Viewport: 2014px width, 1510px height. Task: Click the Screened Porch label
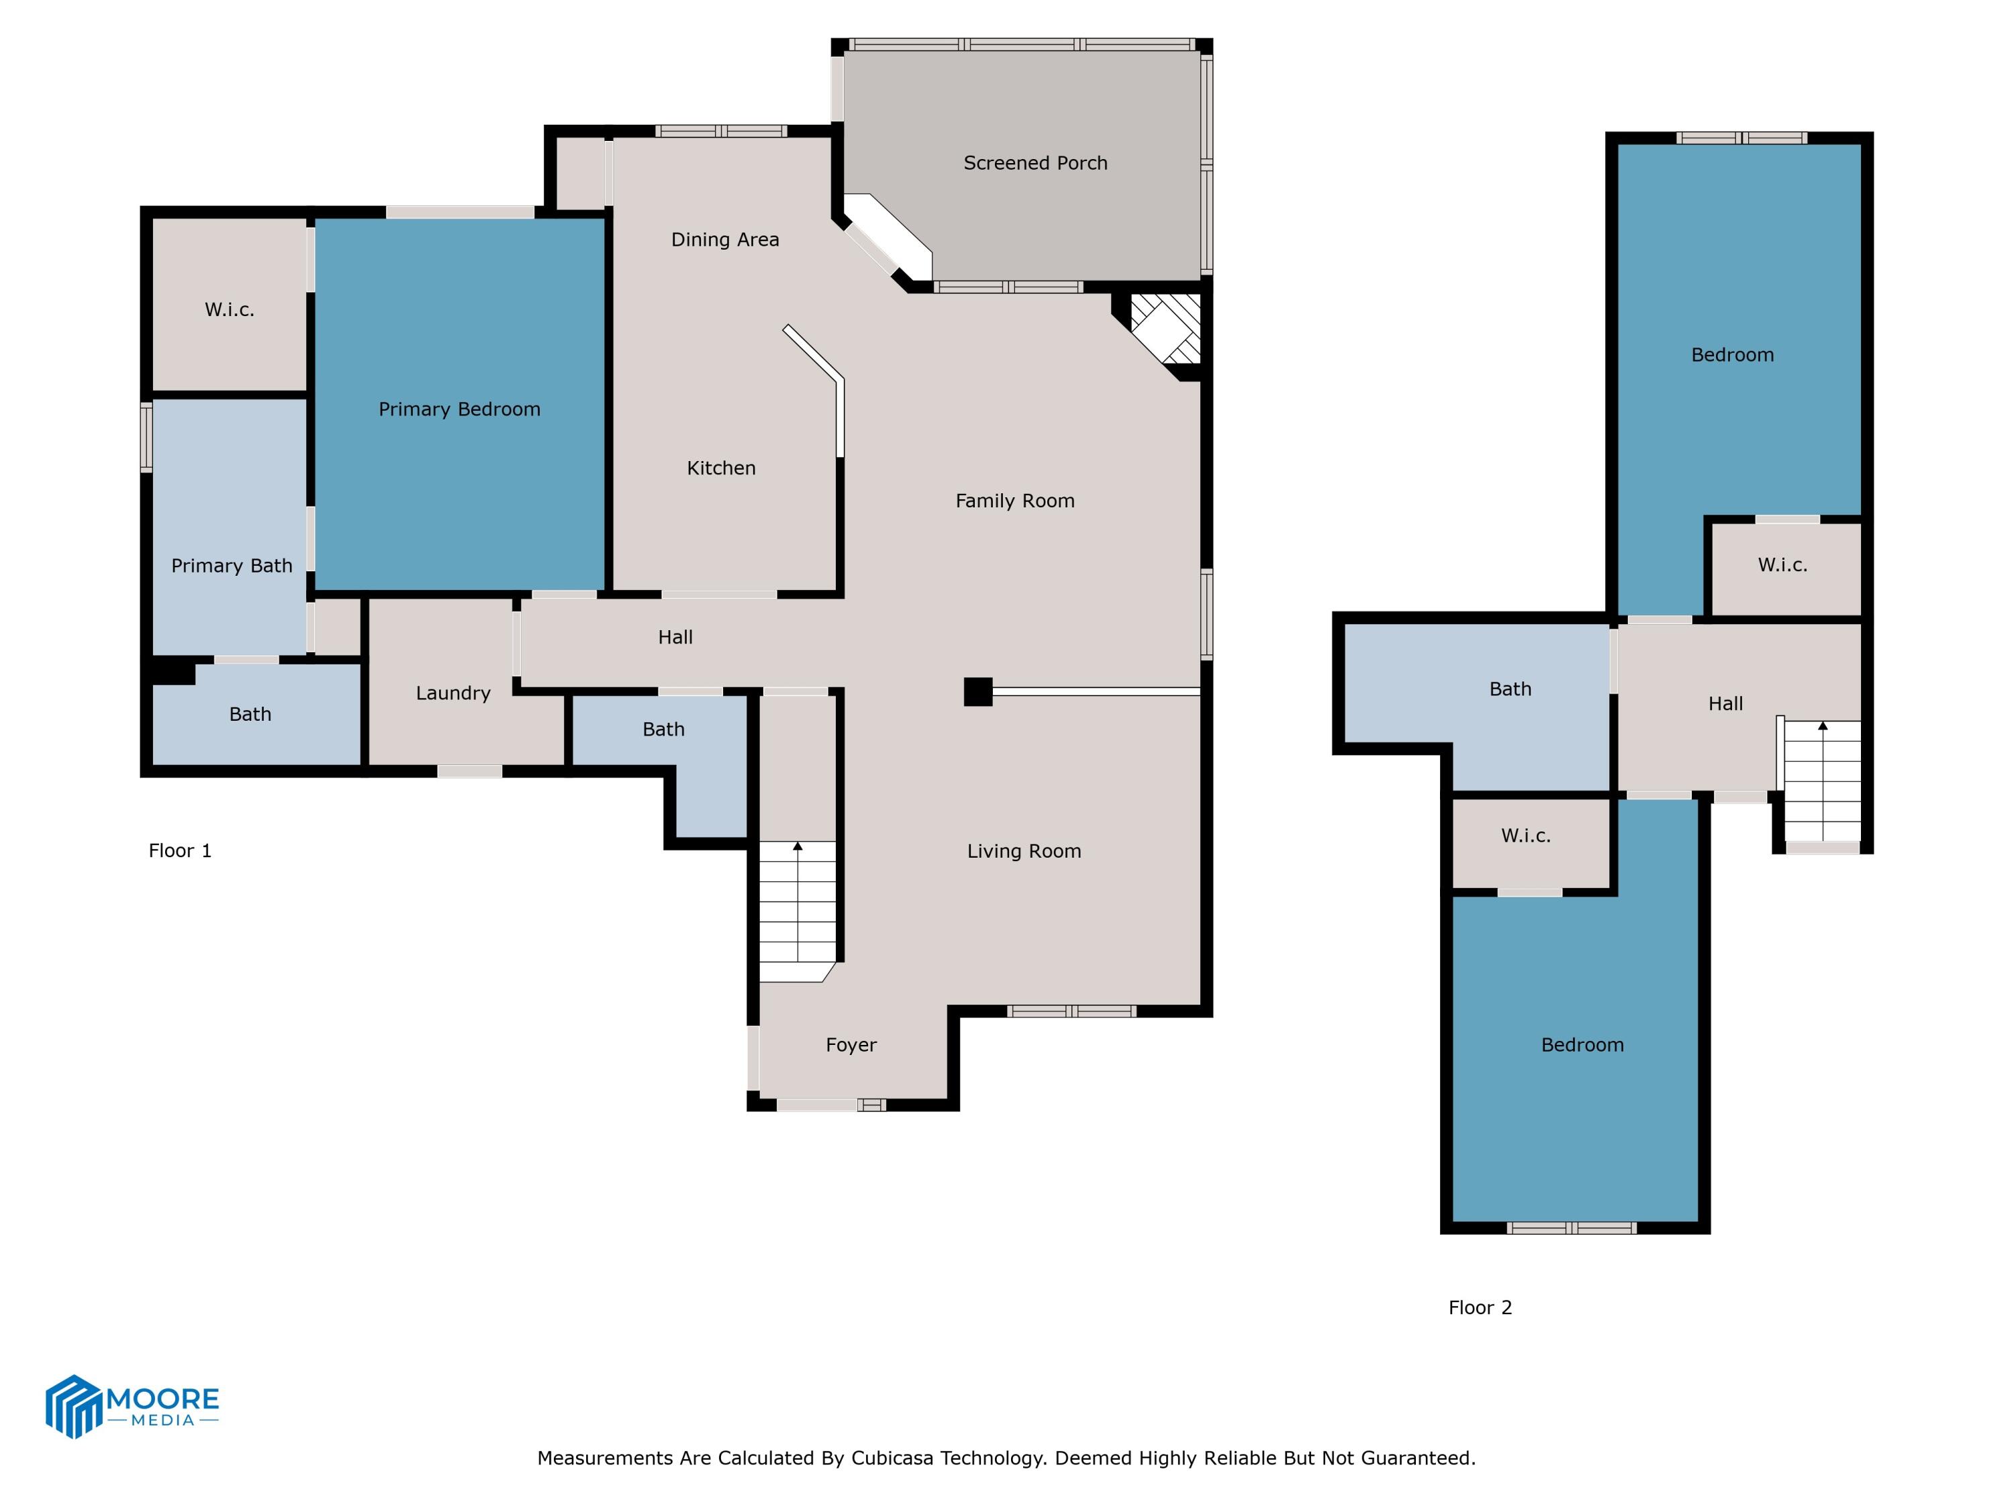point(1035,163)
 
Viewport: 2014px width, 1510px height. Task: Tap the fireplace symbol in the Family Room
point(1165,329)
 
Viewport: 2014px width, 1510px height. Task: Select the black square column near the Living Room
point(978,692)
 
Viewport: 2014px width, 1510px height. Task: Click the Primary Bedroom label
point(459,409)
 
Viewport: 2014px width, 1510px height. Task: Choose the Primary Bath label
point(231,566)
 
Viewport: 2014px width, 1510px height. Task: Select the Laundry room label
point(452,693)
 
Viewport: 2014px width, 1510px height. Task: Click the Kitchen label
point(721,468)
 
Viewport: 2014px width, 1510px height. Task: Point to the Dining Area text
point(725,240)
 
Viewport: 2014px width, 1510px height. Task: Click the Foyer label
point(851,1045)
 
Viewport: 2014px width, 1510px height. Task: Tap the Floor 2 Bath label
point(1510,689)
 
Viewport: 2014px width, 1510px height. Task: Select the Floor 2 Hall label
point(1725,703)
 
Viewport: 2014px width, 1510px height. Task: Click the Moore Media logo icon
point(73,1406)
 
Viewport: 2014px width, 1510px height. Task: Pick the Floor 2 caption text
point(1480,1308)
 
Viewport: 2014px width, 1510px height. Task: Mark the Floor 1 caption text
point(179,851)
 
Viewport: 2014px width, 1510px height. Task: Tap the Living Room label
point(1023,851)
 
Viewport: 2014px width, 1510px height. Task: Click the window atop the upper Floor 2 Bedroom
point(1741,138)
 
